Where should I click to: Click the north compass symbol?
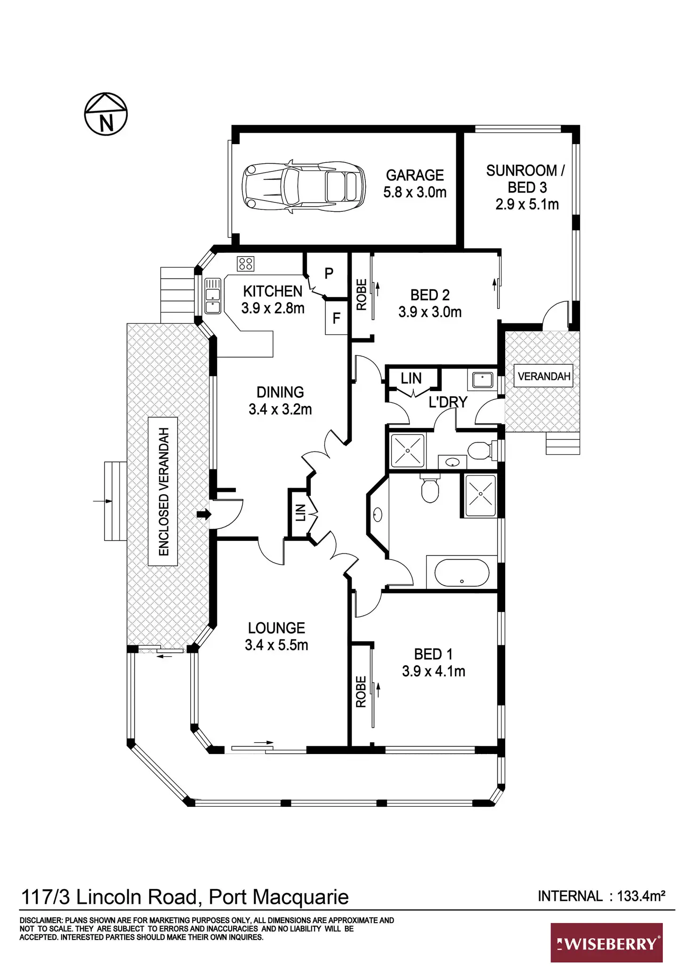[x=106, y=114]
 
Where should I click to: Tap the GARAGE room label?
[x=415, y=175]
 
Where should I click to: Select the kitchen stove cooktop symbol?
[x=246, y=264]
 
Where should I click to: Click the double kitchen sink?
[x=213, y=296]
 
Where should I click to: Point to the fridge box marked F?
[x=336, y=319]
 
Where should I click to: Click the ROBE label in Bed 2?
[x=362, y=295]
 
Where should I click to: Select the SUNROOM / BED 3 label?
[x=526, y=179]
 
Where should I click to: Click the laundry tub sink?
[x=482, y=379]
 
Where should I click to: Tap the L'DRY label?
[x=448, y=402]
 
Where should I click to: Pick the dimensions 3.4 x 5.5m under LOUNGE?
[x=276, y=645]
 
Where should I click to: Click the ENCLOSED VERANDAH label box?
[x=163, y=491]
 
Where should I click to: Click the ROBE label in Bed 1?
[x=361, y=691]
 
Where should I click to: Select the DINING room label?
[x=280, y=392]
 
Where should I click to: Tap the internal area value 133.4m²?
[x=641, y=896]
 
